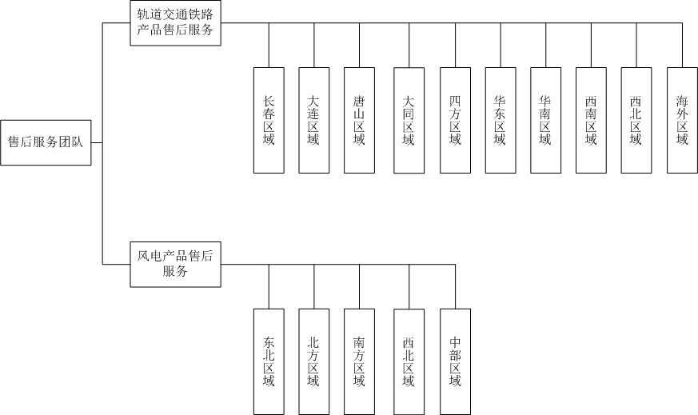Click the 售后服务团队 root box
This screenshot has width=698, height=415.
click(46, 143)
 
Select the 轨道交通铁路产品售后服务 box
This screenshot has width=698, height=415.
click(175, 23)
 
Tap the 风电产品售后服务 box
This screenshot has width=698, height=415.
click(175, 264)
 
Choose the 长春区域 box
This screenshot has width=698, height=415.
click(269, 120)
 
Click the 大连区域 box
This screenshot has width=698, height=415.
click(314, 120)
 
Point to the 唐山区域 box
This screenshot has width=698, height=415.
click(359, 120)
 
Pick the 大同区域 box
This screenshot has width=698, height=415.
click(409, 120)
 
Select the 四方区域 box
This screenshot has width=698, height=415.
click(455, 120)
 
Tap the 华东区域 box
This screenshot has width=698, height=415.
click(500, 120)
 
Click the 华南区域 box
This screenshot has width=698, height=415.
click(545, 120)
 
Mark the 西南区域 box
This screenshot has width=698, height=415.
click(591, 120)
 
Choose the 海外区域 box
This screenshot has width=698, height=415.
click(682, 120)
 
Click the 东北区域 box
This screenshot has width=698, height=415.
click(269, 361)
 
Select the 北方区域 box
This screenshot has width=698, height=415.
click(313, 361)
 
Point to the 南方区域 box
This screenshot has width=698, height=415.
click(359, 361)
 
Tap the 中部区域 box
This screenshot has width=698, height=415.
click(455, 361)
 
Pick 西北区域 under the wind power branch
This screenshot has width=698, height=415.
click(409, 361)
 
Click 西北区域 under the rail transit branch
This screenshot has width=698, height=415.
click(636, 120)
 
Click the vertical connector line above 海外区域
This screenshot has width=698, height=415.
click(682, 46)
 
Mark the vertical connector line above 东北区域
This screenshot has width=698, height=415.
click(269, 286)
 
